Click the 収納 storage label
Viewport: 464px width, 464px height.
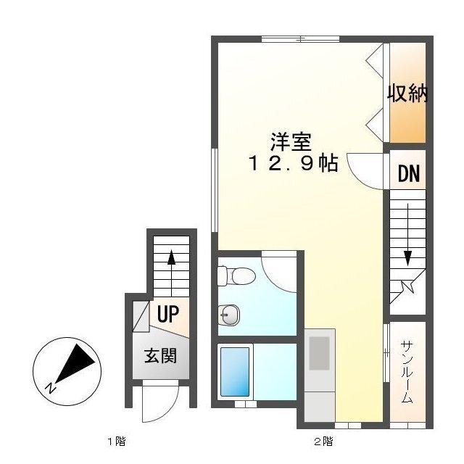point(407,94)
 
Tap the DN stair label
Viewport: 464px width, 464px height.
point(408,174)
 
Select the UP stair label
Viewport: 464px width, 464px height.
point(168,314)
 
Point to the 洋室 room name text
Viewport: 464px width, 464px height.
point(291,139)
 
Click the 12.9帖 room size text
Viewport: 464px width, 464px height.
point(292,164)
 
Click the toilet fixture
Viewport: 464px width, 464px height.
point(236,275)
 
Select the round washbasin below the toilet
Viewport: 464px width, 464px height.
point(229,314)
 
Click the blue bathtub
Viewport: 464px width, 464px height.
point(234,371)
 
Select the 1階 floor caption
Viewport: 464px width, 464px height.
point(117,441)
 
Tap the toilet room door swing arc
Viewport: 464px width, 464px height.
point(277,273)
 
